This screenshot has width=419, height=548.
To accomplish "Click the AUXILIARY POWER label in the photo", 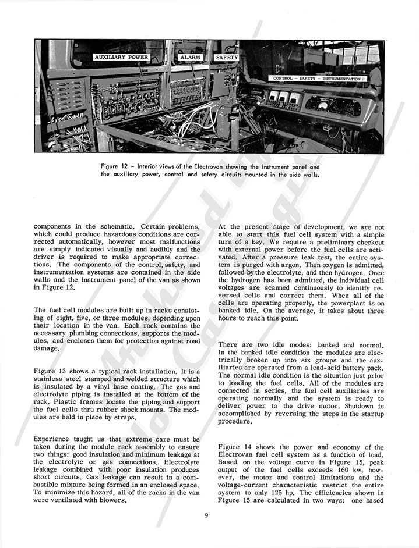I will pyautogui.click(x=121, y=58).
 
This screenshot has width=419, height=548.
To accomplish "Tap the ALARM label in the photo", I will pyautogui.click(x=191, y=58).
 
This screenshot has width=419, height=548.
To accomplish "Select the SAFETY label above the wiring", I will pyautogui.click(x=226, y=58).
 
